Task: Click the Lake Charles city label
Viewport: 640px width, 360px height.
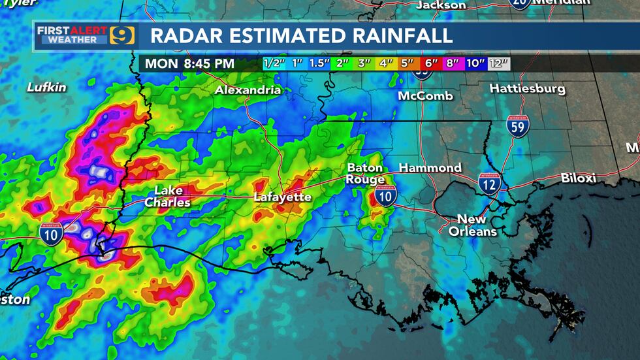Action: click(x=168, y=197)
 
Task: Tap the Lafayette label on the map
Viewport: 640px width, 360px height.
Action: click(x=282, y=197)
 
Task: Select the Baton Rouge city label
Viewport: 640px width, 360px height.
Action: click(x=366, y=173)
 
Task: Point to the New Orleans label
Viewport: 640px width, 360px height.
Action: click(x=472, y=225)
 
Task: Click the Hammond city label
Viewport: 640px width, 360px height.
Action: click(x=430, y=168)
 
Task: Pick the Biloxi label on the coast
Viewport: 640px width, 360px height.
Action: click(x=579, y=178)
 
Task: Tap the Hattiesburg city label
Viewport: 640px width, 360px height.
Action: click(x=527, y=88)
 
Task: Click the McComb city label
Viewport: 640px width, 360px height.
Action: click(x=425, y=96)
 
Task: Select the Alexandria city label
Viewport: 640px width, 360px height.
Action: click(x=248, y=90)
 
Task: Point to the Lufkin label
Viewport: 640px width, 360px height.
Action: click(x=47, y=87)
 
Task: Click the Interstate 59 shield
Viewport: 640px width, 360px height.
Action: click(x=518, y=126)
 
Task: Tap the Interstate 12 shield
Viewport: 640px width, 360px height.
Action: click(x=490, y=184)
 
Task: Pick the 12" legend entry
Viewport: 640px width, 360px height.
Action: click(x=499, y=64)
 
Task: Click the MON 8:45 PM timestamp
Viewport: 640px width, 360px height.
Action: click(x=189, y=64)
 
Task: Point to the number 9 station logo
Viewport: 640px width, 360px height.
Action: click(x=122, y=35)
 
